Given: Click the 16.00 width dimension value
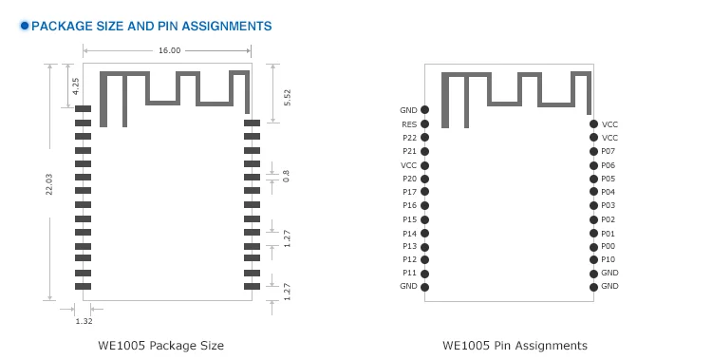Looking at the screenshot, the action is coord(169,50).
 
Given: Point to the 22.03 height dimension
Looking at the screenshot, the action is coord(49,183).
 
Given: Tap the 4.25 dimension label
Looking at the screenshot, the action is coord(75,85).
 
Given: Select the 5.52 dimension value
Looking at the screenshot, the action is coord(287,97).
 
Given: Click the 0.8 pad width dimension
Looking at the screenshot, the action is coord(286,176).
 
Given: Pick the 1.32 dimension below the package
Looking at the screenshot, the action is coord(84,321).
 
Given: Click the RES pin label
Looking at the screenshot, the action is coord(409,124).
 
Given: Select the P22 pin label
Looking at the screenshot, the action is coord(409,138).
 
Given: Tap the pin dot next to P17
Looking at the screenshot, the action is coord(424,192).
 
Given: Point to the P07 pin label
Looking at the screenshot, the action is coord(608,151).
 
